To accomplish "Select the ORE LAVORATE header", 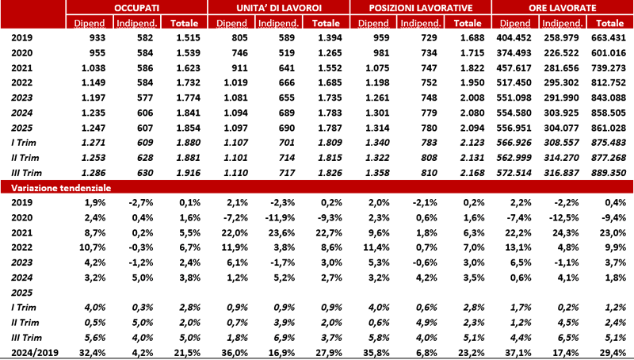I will coord(563,6).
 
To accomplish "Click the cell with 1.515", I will coord(182,37).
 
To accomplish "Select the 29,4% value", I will coord(613,353).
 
